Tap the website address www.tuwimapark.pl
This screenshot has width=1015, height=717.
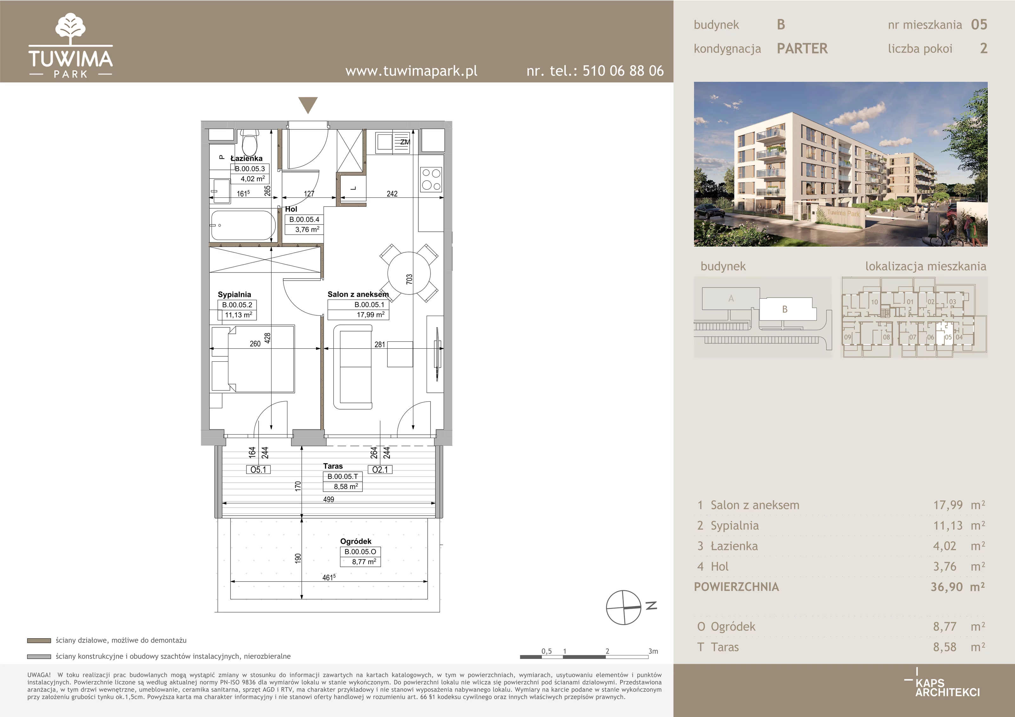(x=411, y=71)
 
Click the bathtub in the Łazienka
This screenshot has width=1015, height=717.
(x=243, y=225)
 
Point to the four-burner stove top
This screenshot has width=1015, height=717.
(x=431, y=179)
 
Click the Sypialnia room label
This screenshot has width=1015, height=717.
(x=234, y=294)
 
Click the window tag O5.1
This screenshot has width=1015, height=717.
(x=258, y=470)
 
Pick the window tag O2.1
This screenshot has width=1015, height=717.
(x=380, y=470)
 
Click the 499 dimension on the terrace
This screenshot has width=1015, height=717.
(x=329, y=499)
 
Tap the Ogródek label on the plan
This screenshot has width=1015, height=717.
(x=356, y=541)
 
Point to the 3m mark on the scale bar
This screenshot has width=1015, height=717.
(x=653, y=651)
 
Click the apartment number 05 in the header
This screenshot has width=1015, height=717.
(x=979, y=25)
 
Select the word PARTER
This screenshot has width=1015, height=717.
(x=802, y=48)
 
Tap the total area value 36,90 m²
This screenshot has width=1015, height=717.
(x=958, y=587)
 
